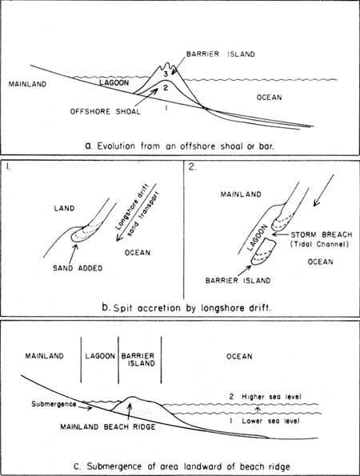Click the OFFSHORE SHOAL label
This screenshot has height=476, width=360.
tap(106, 111)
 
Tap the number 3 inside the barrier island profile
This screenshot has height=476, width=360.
tap(166, 74)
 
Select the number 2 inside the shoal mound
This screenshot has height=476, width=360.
tap(166, 88)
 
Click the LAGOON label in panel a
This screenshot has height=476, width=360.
tap(114, 82)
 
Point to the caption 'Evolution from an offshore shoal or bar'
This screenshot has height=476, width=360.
tap(186, 146)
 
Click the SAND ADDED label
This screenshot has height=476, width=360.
tap(78, 268)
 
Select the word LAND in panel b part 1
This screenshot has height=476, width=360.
tap(64, 208)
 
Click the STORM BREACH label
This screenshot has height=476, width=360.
tap(322, 234)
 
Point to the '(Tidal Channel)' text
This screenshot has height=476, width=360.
tap(319, 244)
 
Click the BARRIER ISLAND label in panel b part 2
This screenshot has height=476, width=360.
tap(238, 281)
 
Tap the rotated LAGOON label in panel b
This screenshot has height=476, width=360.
tap(257, 238)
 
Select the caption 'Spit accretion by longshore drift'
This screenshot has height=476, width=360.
tap(192, 308)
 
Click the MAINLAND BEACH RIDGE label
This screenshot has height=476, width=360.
tap(108, 427)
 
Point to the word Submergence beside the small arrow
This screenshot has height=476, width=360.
tap(54, 404)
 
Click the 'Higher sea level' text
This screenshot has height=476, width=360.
tap(271, 397)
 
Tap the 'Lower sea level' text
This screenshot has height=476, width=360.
tap(270, 421)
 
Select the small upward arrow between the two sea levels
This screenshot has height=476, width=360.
tap(258, 410)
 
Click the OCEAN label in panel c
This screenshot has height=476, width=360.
tap(239, 356)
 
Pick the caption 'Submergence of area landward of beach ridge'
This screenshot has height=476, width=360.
tap(189, 466)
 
